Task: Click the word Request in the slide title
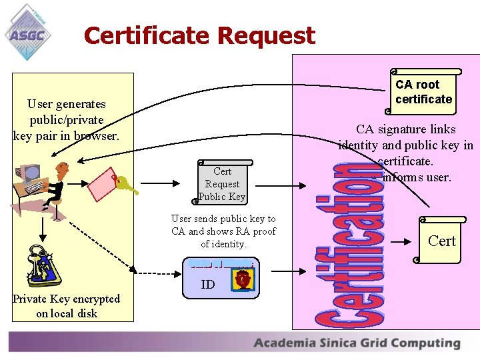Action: coord(267,35)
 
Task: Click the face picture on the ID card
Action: coord(241,280)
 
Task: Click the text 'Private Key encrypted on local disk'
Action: coord(66,306)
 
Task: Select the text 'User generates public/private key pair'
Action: coord(66,120)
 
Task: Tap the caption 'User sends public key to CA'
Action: coord(223,231)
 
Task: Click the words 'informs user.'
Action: coord(418,177)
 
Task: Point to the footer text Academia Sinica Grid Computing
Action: coord(357,343)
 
